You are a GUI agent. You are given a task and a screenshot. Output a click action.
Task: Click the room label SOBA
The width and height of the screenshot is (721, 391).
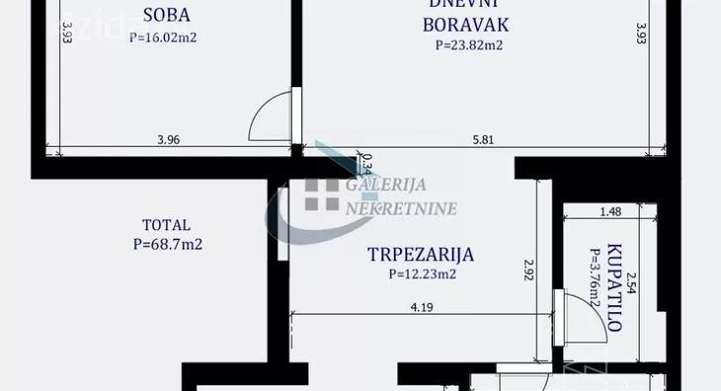point(166,16)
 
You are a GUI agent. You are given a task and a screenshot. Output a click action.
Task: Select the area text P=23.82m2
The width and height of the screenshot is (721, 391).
point(469,44)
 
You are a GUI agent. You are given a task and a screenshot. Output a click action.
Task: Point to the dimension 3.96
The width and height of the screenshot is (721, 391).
point(169,139)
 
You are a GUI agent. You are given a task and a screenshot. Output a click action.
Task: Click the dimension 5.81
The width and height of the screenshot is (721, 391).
point(483,139)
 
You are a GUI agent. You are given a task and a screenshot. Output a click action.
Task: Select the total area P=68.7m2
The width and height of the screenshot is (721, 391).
point(167,244)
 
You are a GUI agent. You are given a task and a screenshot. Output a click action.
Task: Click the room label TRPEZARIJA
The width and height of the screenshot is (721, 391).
point(420,255)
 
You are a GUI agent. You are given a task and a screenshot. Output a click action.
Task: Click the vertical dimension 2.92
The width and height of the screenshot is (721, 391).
point(529,268)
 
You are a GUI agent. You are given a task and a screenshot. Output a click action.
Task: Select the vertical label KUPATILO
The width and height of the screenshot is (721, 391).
point(614,285)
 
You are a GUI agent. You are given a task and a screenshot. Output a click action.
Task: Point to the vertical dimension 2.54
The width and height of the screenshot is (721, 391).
point(633,286)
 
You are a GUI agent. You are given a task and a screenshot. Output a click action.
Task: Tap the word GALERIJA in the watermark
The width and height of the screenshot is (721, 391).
point(382,186)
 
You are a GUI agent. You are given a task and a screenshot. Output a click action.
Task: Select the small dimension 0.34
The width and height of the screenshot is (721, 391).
point(366,161)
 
